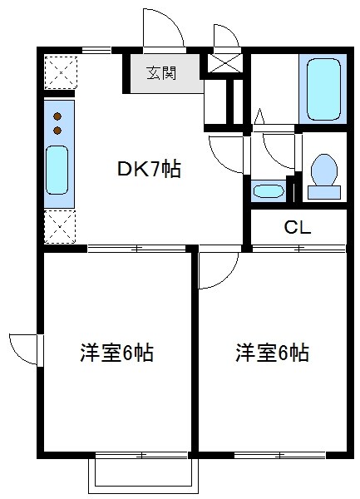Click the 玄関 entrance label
pos(161,73)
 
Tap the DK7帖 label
pos(148,170)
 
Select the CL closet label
pos(297,227)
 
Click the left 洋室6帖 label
pos(116,353)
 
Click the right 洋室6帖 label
pos(272,353)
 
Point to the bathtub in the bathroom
pos(322,89)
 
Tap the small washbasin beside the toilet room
pos(269,191)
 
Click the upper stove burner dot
pos(57,116)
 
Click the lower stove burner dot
pos(57,130)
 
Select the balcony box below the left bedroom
pos(143,473)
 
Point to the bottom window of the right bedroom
pos(279,455)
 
